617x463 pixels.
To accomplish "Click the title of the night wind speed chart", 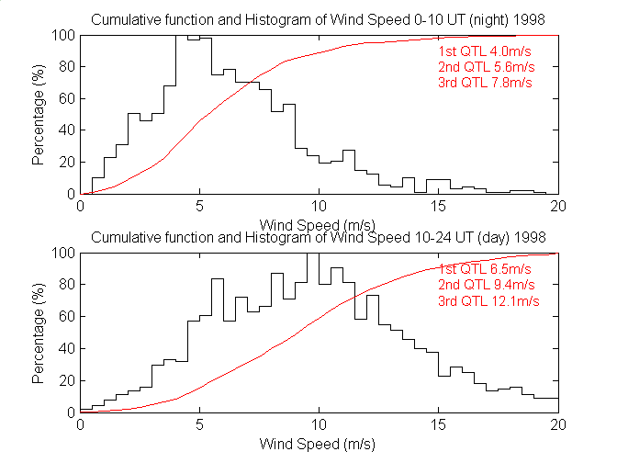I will click(319, 21).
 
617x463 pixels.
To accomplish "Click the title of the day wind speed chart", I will click(319, 238).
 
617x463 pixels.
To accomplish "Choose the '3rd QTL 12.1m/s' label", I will click(488, 299).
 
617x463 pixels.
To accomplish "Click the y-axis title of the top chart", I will click(38, 115).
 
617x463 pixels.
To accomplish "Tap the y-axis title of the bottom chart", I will click(38, 333).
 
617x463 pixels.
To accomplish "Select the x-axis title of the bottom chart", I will click(319, 443).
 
